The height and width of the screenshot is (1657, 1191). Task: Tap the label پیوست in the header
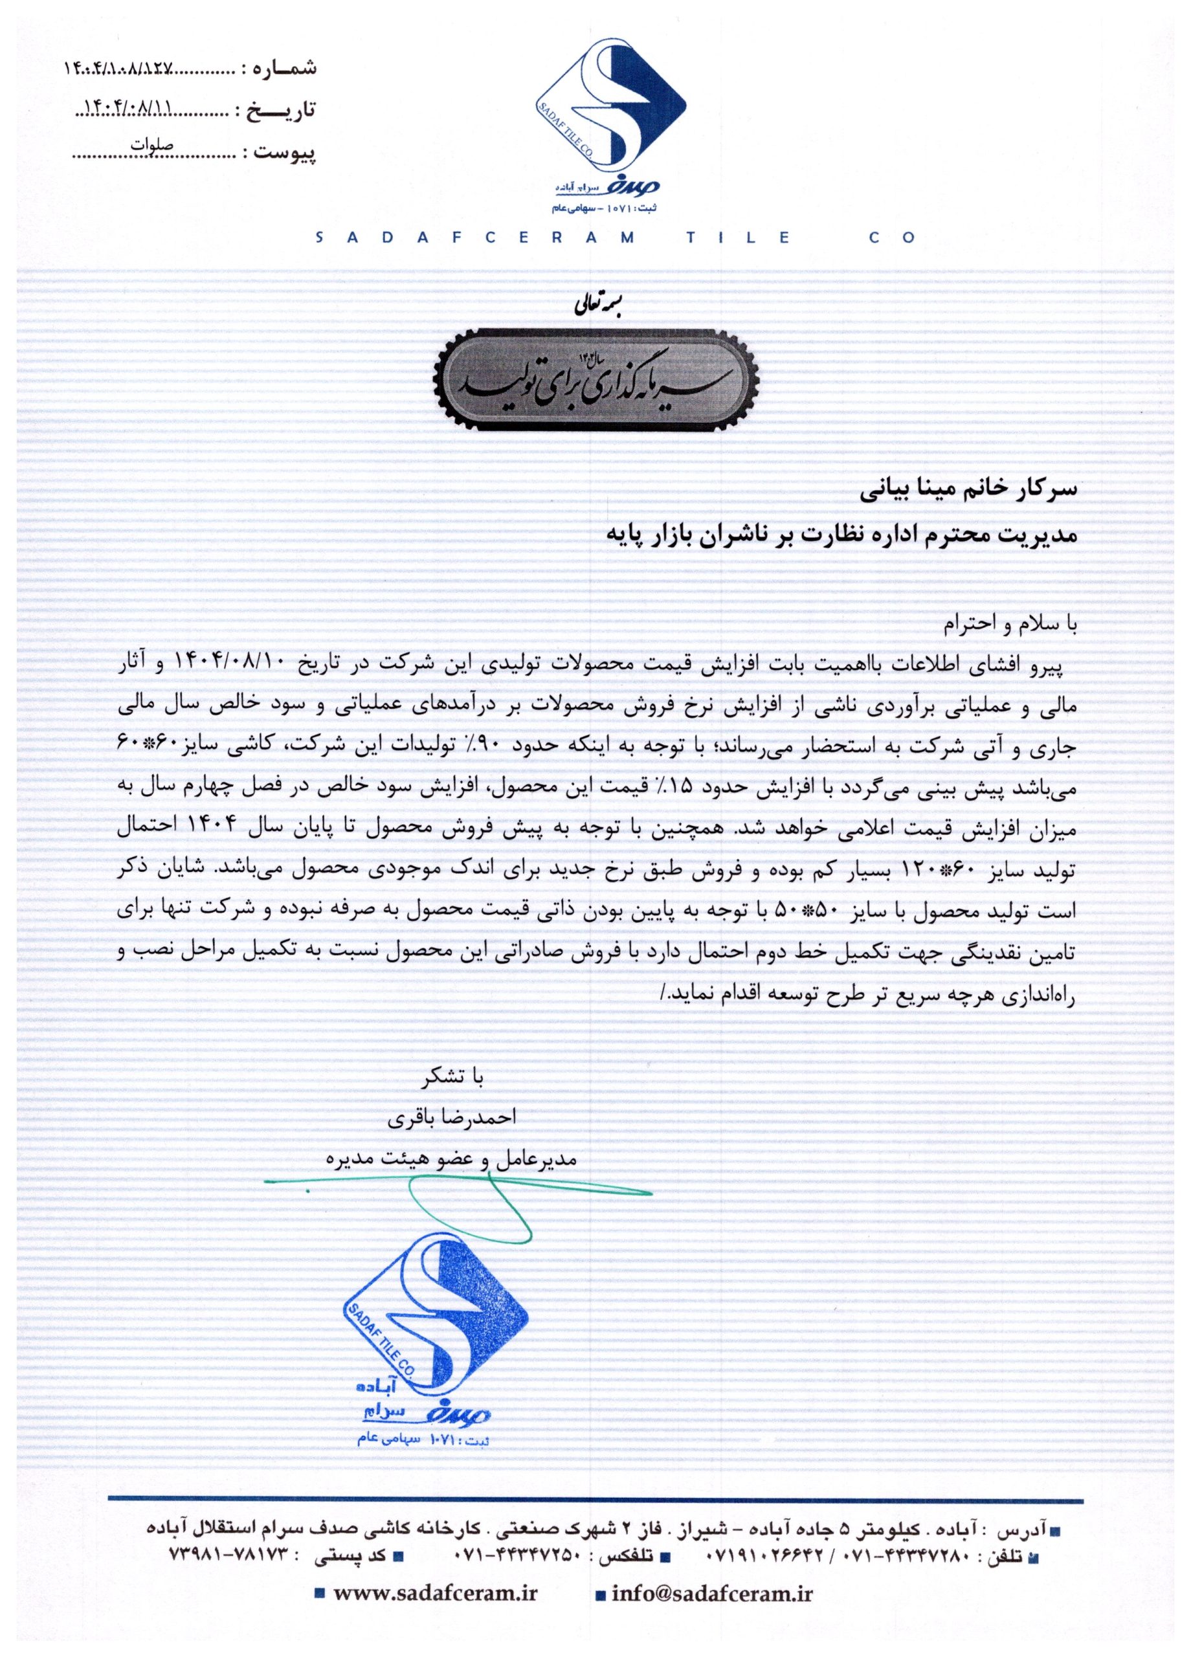[x=284, y=153]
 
